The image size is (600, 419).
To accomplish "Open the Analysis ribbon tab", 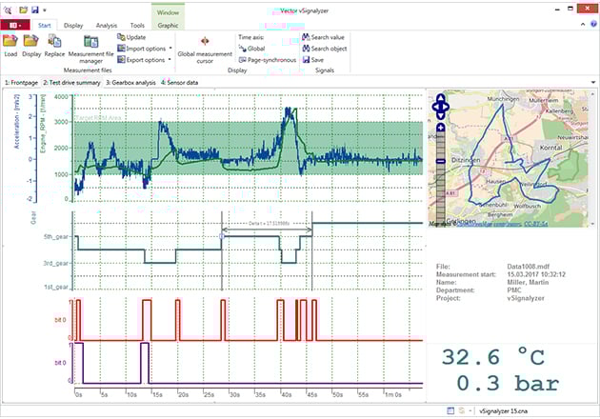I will coord(107,26).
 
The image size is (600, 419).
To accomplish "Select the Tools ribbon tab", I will coord(137,26).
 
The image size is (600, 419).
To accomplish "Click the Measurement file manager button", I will coord(92,48).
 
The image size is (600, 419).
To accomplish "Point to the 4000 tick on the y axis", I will coord(60,96).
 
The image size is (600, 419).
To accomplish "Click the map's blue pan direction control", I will coord(440,108).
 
